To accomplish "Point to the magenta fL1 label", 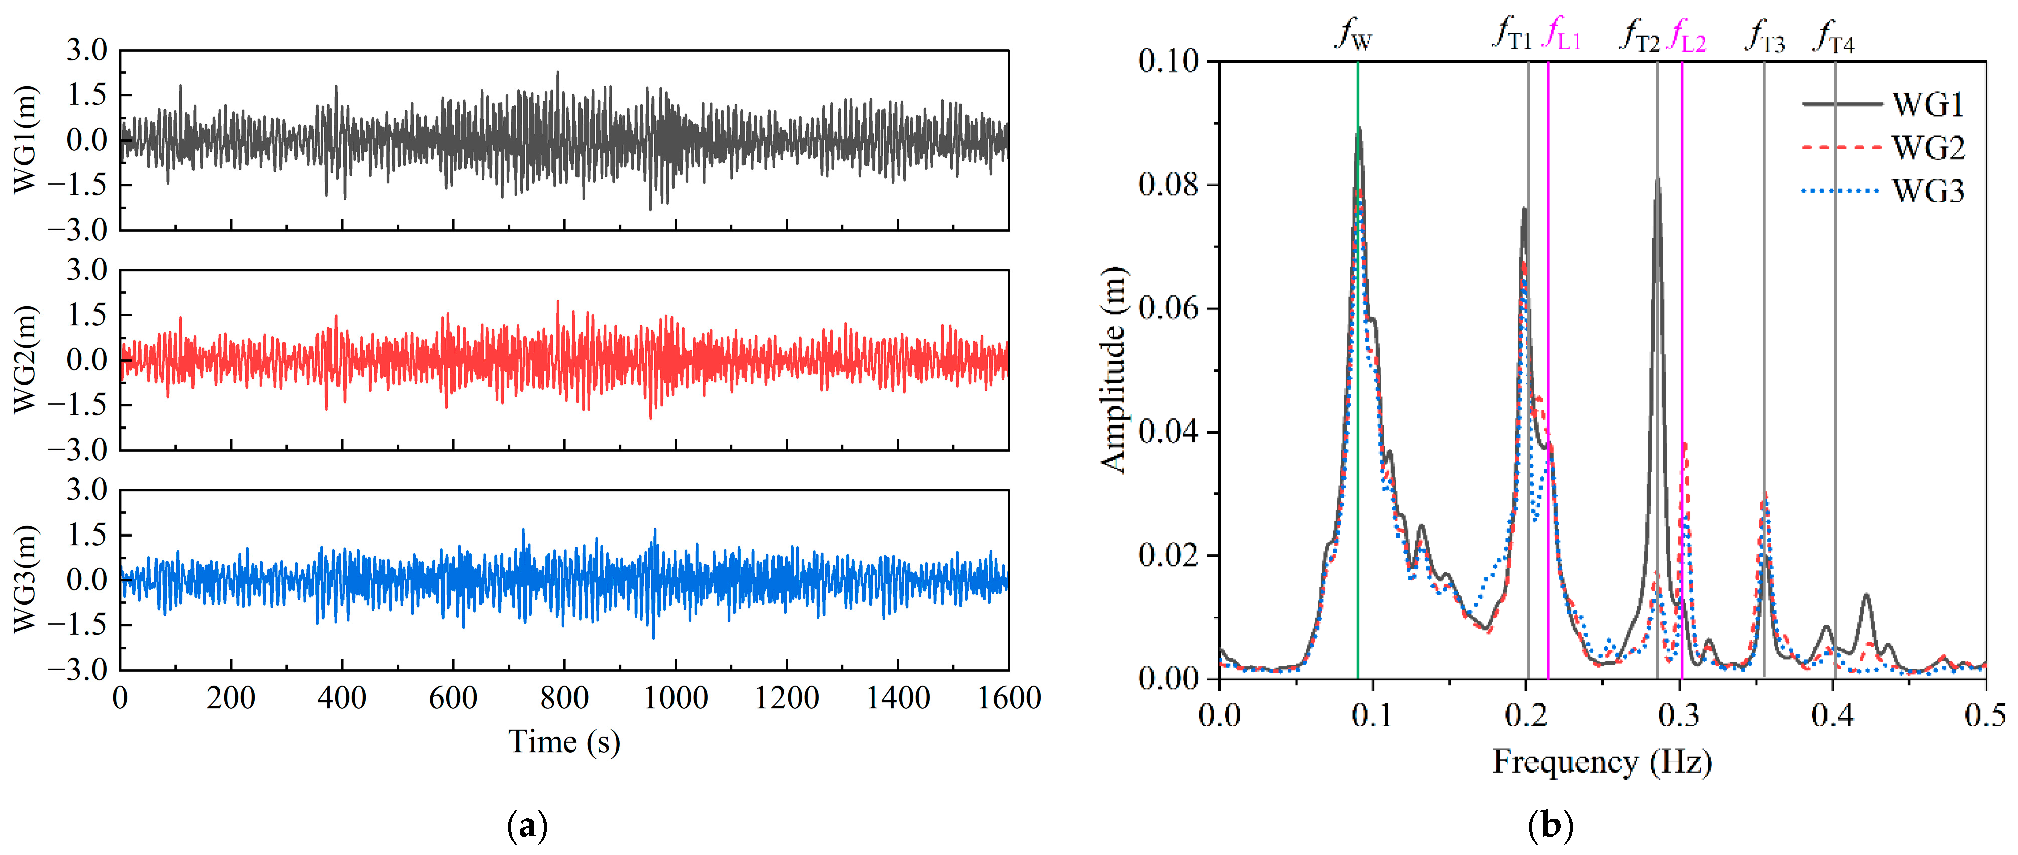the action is coord(1561,35).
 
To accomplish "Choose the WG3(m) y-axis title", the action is coord(25,579).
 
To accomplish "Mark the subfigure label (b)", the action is coord(1551,827).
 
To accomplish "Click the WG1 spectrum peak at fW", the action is coord(1359,128).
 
